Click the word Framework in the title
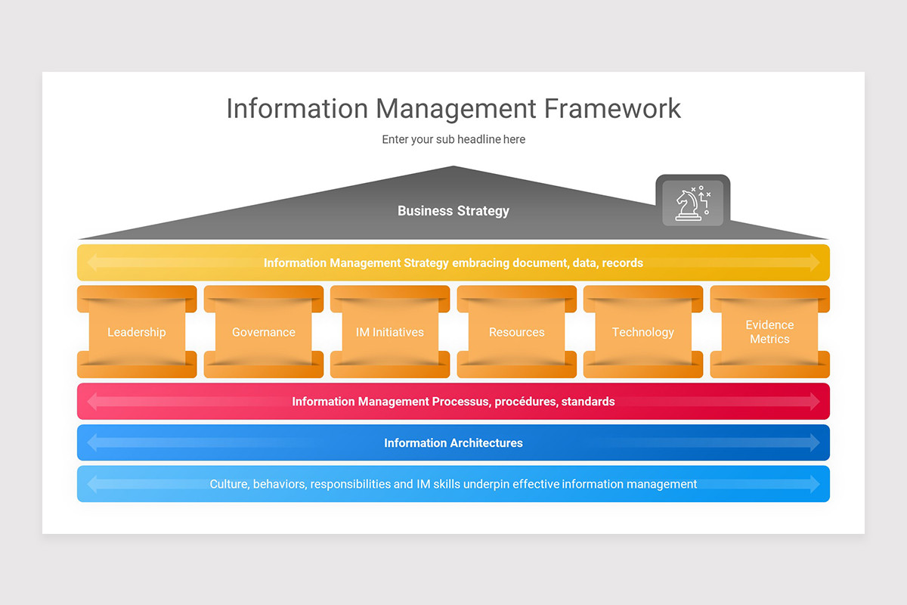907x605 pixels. coord(612,108)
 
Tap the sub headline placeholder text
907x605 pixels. coord(453,139)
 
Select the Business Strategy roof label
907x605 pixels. coord(453,211)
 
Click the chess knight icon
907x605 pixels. coord(692,203)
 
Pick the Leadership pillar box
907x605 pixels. coord(137,332)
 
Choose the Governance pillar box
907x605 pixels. coord(264,332)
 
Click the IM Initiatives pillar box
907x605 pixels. coord(390,332)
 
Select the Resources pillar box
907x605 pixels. coord(517,332)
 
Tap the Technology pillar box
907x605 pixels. coord(643,332)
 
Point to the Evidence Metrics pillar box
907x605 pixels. coord(769,332)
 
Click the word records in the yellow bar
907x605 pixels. coord(623,263)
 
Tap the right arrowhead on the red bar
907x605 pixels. coord(815,402)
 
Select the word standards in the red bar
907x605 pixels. coord(588,402)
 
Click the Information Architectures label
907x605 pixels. coord(453,443)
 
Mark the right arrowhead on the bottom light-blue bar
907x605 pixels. coord(815,484)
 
